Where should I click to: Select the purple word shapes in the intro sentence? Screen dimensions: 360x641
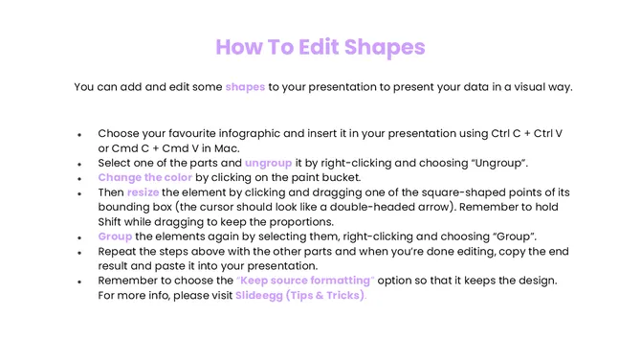tap(245, 87)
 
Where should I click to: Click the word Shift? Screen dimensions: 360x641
tap(114, 221)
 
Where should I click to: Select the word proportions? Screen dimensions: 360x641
tap(297, 221)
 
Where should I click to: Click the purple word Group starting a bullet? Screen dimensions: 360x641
tap(115, 236)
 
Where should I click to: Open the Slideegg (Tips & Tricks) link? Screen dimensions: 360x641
tap(300, 295)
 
